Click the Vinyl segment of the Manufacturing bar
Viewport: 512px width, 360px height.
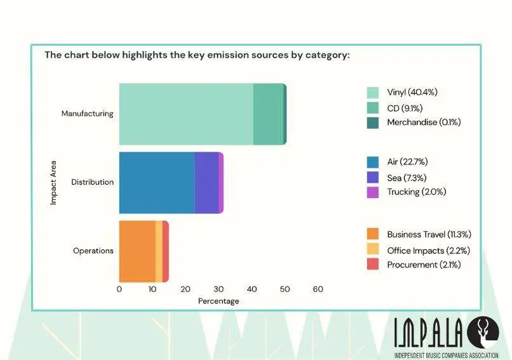point(186,114)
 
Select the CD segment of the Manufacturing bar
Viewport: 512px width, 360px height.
point(268,114)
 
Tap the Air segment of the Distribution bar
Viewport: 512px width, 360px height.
point(156,182)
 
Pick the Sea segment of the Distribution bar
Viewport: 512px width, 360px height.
point(206,182)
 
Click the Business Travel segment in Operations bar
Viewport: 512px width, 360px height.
point(137,251)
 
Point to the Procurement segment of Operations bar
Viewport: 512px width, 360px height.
point(166,251)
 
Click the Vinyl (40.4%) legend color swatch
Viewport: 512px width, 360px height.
point(373,93)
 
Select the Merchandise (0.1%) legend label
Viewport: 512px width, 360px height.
point(424,122)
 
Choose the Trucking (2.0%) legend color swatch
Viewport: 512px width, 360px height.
point(373,192)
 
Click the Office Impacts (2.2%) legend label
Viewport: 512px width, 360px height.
point(428,250)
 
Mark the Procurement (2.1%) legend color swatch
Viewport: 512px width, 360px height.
point(373,265)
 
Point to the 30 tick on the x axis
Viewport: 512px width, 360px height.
point(219,290)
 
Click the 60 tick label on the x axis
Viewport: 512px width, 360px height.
point(318,290)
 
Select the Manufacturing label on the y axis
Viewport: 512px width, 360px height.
point(88,114)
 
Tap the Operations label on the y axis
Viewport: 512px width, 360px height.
point(93,251)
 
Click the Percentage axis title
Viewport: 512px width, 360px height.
point(218,301)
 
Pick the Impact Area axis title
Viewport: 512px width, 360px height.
point(54,182)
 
